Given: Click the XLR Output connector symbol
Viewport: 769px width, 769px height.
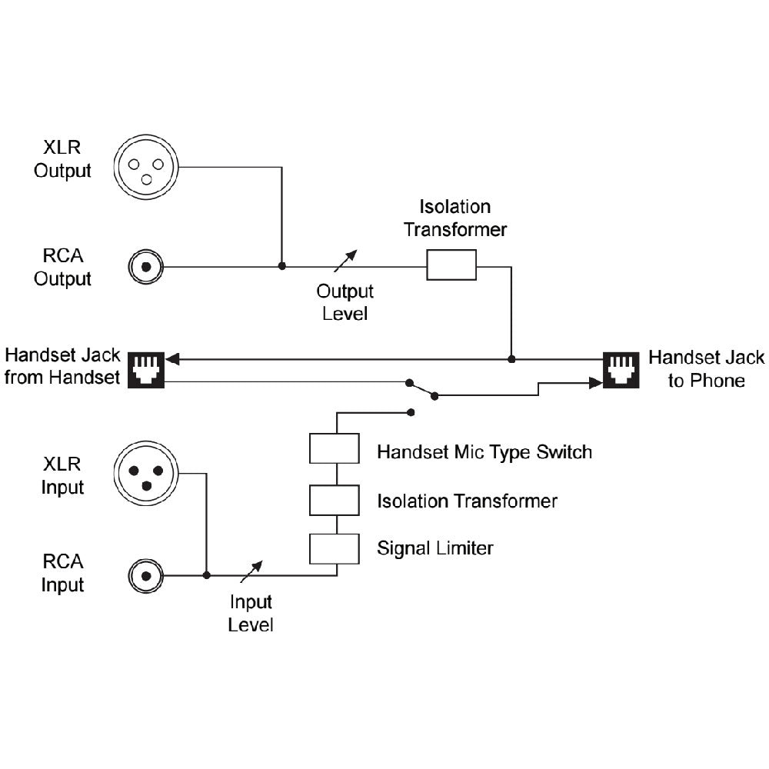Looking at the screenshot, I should coord(145,165).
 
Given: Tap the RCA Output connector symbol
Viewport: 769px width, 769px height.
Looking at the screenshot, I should coord(145,267).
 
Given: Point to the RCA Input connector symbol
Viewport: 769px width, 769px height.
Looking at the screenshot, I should coord(145,574).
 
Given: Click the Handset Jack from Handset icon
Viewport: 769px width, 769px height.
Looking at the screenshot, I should coord(145,368).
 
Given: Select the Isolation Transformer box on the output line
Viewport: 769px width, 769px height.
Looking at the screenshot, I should coord(451,267).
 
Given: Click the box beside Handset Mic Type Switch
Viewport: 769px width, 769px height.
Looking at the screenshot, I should coord(335,448).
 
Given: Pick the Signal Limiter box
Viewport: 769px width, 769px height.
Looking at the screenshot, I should coord(335,548).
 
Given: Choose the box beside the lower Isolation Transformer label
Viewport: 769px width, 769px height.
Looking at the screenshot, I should coord(335,501).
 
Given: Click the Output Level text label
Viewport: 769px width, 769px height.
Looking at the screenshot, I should coord(345,302).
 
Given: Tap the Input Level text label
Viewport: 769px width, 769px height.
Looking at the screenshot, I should coord(251,612).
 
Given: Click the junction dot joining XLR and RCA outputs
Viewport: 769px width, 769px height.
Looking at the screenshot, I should coord(281,266).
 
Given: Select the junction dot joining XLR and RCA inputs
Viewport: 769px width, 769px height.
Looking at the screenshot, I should coord(206,574).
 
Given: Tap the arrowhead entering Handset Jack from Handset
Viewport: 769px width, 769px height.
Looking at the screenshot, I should coord(172,358).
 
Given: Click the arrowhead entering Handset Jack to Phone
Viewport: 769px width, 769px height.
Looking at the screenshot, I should coord(594,382).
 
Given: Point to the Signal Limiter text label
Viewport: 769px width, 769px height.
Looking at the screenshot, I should coord(434,548).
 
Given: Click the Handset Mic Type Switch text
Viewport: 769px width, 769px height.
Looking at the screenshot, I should coord(484,451).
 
